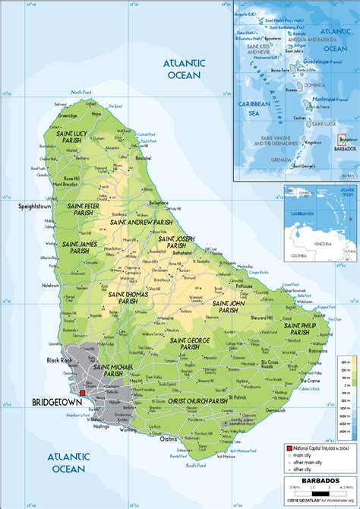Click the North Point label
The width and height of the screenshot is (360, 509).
81,92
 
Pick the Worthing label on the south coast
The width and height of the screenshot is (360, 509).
128,429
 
